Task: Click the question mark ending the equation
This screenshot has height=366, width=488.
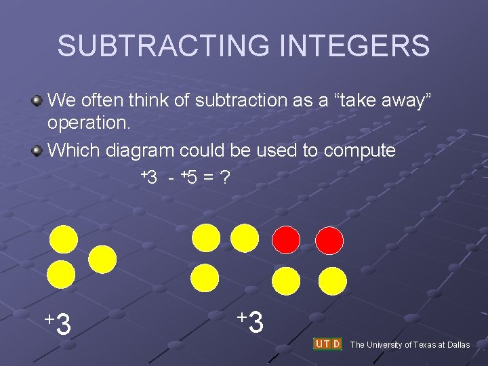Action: (224, 178)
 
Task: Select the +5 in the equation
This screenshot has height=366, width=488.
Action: (189, 178)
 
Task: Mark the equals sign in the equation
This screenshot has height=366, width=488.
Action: (208, 178)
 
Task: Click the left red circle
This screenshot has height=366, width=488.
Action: (286, 239)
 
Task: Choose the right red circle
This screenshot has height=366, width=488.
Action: (330, 239)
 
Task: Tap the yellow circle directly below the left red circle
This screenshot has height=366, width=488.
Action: (286, 280)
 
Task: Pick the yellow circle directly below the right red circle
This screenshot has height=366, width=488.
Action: (332, 280)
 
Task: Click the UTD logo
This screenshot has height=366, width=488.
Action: (327, 344)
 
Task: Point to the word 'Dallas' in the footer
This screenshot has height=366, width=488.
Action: (457, 345)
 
